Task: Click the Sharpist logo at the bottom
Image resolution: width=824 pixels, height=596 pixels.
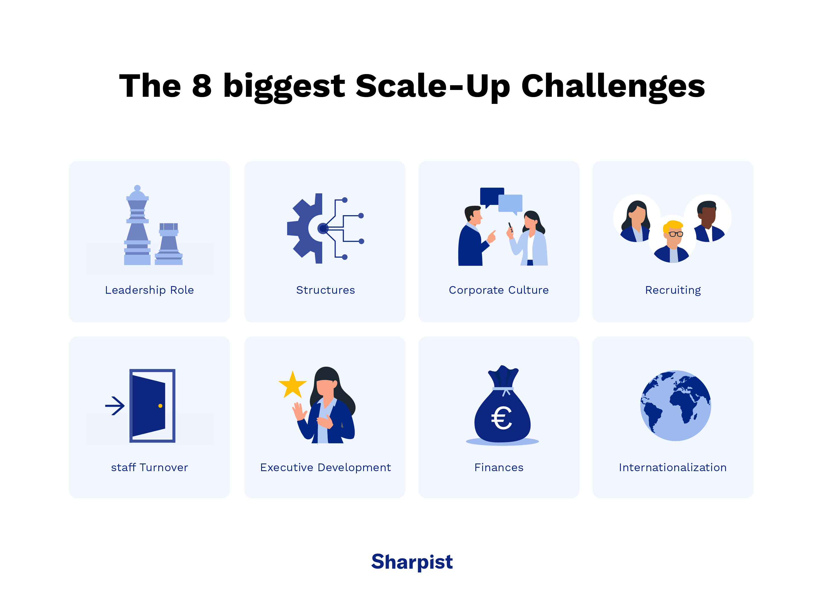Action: coord(412,562)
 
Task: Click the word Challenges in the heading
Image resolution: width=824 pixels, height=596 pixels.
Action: coord(613,86)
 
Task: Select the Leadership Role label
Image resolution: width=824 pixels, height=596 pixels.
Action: coord(149,290)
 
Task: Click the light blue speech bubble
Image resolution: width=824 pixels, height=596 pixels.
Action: coord(511,203)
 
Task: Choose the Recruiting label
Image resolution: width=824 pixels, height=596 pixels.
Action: coord(673,290)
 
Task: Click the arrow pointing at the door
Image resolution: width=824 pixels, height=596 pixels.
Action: coord(115,406)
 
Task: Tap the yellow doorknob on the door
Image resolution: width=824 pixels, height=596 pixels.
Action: coord(160,406)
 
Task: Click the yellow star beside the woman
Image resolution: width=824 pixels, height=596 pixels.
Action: coord(292,385)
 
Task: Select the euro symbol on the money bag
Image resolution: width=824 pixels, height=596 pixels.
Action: coord(502,418)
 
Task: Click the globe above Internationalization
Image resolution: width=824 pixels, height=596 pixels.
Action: coord(675,406)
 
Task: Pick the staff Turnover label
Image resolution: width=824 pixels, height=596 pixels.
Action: coord(149,467)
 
